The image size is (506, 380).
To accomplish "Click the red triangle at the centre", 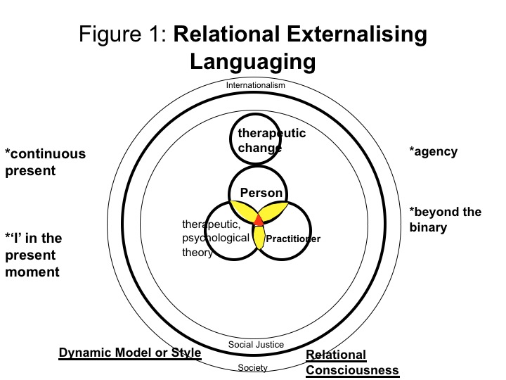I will [259, 220].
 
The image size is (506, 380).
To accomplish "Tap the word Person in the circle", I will [261, 193].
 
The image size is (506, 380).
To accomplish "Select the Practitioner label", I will [293, 239].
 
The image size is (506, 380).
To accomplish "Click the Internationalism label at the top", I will [256, 85].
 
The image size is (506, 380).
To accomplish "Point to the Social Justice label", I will [256, 344].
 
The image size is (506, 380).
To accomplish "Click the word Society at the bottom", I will [254, 367].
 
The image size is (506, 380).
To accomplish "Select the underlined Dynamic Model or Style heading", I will [130, 353].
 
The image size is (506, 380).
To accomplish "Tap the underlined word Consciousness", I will [353, 370].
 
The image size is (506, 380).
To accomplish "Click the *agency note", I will [433, 151].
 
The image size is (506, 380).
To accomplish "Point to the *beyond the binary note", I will [445, 220].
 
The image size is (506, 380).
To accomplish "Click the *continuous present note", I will [45, 161].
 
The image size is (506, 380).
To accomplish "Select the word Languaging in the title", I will [253, 61].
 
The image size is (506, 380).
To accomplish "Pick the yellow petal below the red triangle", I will [259, 237].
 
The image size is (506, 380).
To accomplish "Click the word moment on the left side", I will [33, 272].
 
